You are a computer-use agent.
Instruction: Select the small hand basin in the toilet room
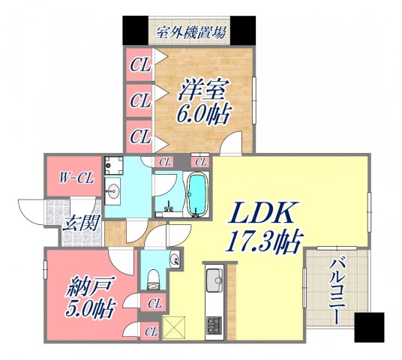point(173,260)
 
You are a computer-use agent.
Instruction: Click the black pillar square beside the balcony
point(368,327)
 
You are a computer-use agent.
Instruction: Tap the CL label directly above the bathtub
point(200,161)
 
